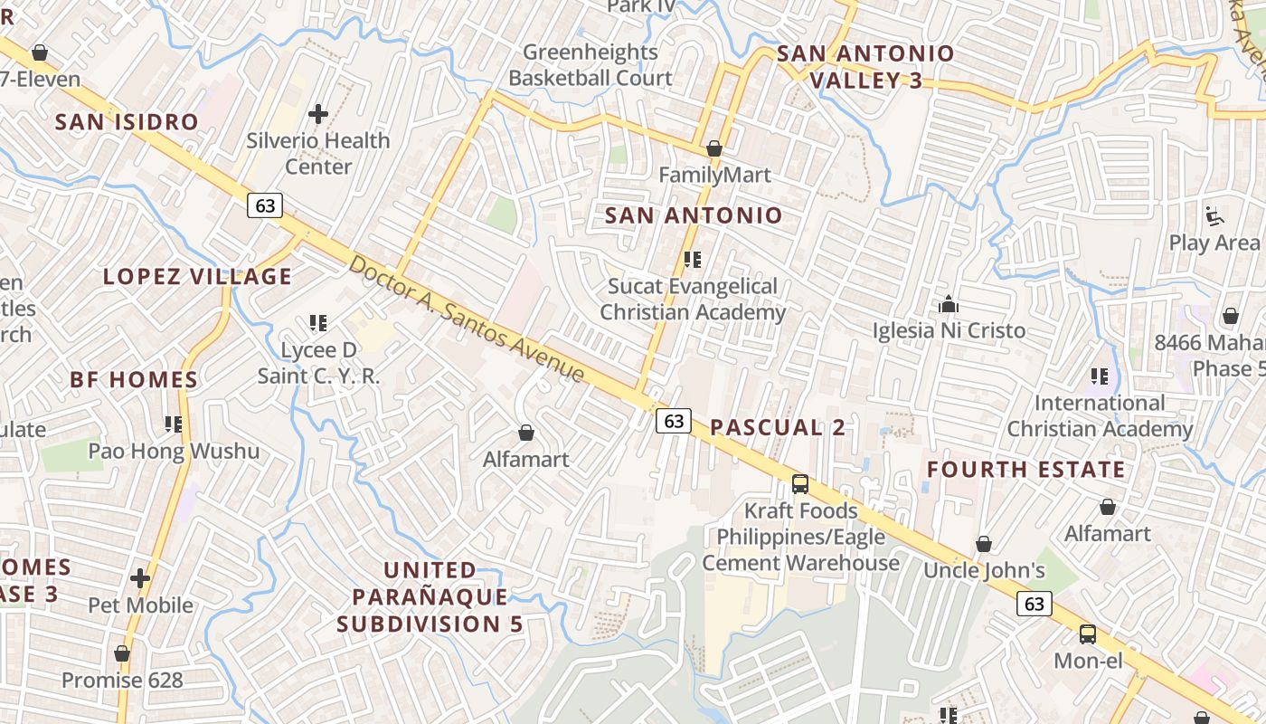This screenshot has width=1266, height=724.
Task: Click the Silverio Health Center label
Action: point(318,154)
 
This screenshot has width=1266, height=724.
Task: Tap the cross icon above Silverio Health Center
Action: point(318,114)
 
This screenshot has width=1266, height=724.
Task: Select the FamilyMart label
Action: point(714,175)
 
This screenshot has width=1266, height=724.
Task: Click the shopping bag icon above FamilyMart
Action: point(714,148)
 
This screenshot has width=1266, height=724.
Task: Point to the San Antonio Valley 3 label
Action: point(865,67)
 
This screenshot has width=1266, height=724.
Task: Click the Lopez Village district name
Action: point(198,277)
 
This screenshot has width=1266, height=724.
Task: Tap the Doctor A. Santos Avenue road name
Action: point(467,319)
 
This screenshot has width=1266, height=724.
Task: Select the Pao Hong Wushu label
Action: point(174,451)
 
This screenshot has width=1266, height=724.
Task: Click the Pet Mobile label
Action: point(141,605)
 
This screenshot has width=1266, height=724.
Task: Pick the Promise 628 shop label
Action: point(122,680)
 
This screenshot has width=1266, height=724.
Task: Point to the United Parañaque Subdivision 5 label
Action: point(430,597)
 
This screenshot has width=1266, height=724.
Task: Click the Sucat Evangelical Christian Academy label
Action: point(693,300)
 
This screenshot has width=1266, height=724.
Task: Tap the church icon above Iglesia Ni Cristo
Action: point(949,304)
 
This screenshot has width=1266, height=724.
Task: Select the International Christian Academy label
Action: point(1100,416)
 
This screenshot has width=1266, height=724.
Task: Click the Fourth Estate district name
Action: point(1026,470)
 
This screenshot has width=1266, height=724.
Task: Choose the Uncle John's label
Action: point(984,570)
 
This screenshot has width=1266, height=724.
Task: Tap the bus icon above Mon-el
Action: point(1088,634)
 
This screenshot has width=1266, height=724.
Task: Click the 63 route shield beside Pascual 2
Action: point(674,421)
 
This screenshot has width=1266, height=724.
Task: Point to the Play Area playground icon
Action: point(1214,216)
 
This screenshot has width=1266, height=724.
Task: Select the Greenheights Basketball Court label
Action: point(590,65)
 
